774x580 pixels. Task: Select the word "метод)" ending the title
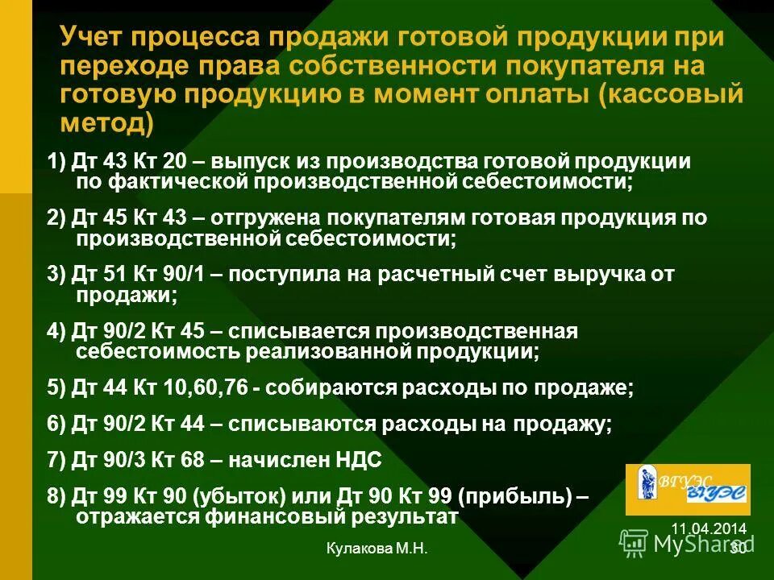point(105,123)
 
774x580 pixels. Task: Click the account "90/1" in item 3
point(186,274)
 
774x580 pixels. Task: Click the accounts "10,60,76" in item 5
point(208,388)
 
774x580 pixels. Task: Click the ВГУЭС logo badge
point(699,490)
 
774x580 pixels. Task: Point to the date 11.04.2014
point(709,528)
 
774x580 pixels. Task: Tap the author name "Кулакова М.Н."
point(377,549)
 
